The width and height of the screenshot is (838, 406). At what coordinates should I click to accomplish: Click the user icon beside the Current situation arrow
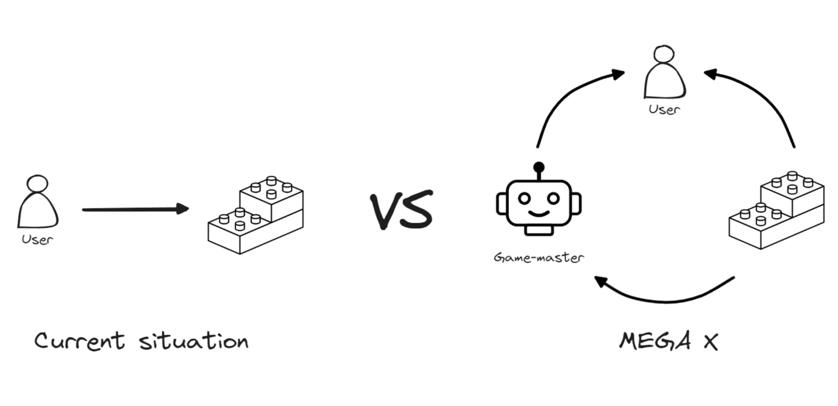pyautogui.click(x=38, y=202)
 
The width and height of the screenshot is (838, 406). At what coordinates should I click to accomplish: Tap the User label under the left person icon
pyautogui.click(x=37, y=239)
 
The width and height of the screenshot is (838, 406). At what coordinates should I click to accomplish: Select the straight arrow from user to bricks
pyautogui.click(x=135, y=209)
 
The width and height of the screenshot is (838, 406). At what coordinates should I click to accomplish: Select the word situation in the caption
pyautogui.click(x=194, y=341)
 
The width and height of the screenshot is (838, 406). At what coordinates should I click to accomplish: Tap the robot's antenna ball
pyautogui.click(x=539, y=167)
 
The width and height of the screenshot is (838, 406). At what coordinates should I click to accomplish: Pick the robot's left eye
pyautogui.click(x=524, y=198)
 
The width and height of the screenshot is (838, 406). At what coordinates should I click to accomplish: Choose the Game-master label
pyautogui.click(x=539, y=258)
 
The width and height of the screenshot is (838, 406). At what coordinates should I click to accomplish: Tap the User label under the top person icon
pyautogui.click(x=664, y=109)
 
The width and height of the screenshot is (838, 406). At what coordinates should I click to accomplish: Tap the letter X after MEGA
pyautogui.click(x=710, y=342)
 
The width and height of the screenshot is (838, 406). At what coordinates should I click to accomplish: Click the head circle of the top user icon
pyautogui.click(x=664, y=54)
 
